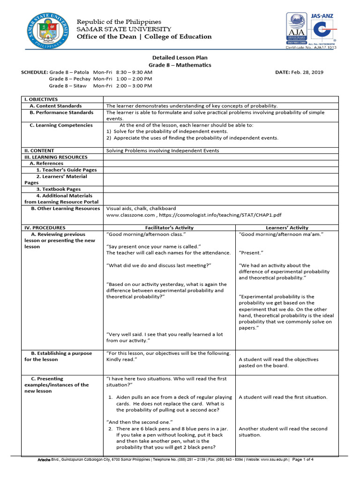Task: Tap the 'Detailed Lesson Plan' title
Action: [180, 57]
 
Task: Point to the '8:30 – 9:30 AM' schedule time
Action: [134, 72]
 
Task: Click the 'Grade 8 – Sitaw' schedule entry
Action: [69, 86]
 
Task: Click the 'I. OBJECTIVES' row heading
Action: [41, 99]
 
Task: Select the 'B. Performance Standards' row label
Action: [61, 112]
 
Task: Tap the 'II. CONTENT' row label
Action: [39, 150]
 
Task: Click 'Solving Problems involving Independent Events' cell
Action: [162, 150]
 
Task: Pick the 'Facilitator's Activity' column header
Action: [169, 227]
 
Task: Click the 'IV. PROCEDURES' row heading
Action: [45, 227]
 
